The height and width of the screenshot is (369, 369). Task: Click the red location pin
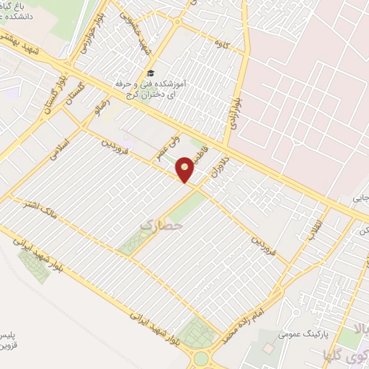pyautogui.click(x=185, y=169)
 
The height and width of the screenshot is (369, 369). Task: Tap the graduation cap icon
pyautogui.click(x=151, y=74)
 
